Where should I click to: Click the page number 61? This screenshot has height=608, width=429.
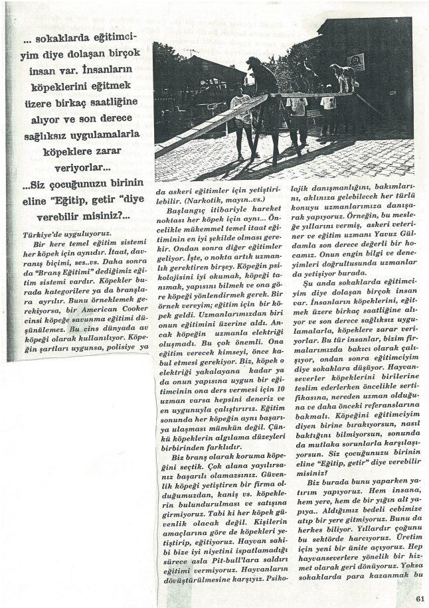point(418,597)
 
